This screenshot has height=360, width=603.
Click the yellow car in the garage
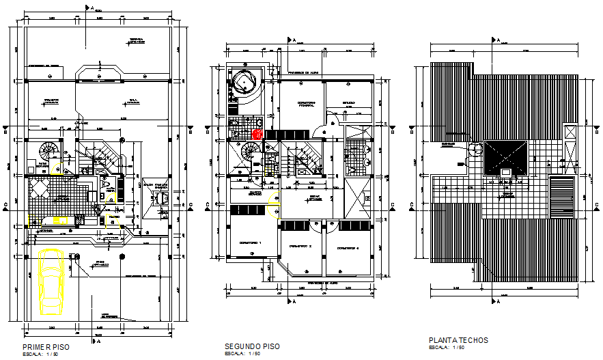[x=51, y=281]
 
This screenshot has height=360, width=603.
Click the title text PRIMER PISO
[x=46, y=347]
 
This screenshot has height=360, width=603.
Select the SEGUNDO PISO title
[x=252, y=346]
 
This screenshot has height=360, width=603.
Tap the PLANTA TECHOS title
[x=458, y=340]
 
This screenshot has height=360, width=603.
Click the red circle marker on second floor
[x=257, y=135]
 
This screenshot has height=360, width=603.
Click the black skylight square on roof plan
[x=505, y=158]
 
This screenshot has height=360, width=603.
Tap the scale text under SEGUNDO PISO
[x=242, y=354]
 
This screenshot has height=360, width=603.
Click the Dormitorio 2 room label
[x=300, y=246]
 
